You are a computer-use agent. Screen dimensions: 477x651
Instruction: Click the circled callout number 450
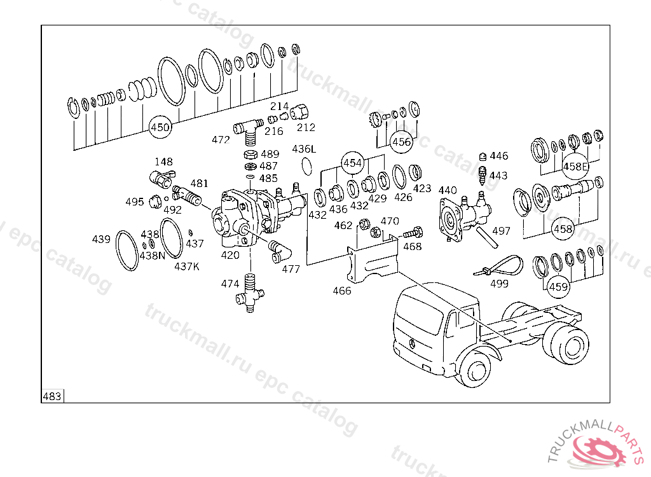[160, 127]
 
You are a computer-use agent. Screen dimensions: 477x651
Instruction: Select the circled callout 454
[353, 163]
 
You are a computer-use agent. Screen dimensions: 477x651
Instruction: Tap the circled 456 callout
[402, 141]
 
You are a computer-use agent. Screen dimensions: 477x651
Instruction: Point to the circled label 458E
[576, 167]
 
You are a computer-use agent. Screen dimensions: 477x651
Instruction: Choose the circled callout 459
[558, 287]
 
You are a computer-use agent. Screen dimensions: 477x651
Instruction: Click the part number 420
[230, 255]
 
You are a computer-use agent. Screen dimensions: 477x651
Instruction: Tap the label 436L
[304, 149]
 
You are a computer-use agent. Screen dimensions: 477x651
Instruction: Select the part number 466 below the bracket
[342, 291]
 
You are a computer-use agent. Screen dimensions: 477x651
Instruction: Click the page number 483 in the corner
[52, 396]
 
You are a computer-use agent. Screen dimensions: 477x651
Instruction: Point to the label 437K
[187, 266]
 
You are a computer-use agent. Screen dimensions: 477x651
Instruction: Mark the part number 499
[500, 284]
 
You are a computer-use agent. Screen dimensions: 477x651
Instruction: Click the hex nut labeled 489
[250, 155]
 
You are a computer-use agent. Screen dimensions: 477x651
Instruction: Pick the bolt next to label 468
[409, 234]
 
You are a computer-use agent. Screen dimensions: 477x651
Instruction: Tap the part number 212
[306, 127]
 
